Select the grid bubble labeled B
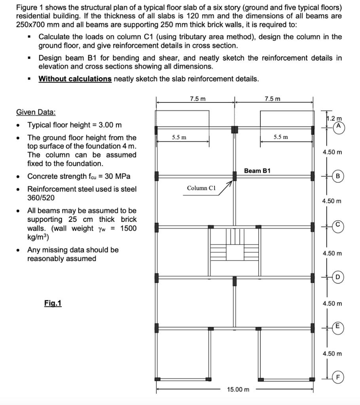pyautogui.click(x=338, y=176)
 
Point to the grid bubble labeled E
pyautogui.click(x=337, y=326)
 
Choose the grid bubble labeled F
pyautogui.click(x=337, y=378)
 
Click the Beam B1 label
pyautogui.click(x=257, y=171)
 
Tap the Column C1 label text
pyautogui.click(x=201, y=188)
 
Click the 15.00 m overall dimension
pyautogui.click(x=238, y=390)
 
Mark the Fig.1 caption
pyautogui.click(x=53, y=303)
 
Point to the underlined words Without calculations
pyautogui.click(x=75, y=79)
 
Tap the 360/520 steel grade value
pyautogui.click(x=41, y=198)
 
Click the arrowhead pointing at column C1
pyautogui.click(x=230, y=182)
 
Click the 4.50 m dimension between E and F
pyautogui.click(x=332, y=354)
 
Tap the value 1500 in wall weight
pyautogui.click(x=128, y=228)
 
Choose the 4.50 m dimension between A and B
pyautogui.click(x=332, y=152)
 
